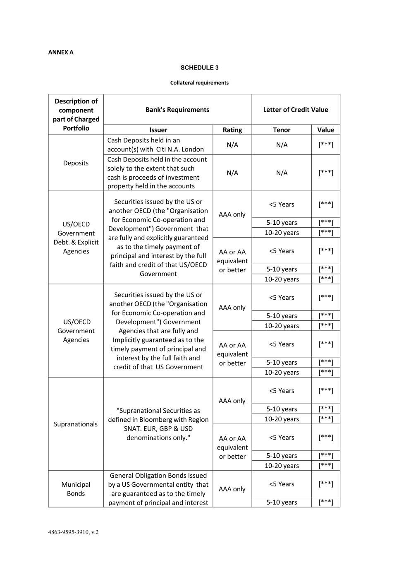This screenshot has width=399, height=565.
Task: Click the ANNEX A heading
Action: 61,52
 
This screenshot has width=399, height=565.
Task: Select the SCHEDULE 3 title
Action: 199,67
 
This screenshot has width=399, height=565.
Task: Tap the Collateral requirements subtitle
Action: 199,83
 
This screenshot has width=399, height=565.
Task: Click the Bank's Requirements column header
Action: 177,110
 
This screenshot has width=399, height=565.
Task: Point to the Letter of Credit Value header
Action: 296,110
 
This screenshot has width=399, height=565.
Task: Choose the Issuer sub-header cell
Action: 158,130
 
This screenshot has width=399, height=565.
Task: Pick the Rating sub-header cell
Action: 232,130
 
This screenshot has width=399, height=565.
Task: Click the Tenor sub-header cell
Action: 282,130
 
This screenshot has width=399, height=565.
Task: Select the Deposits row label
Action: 76,163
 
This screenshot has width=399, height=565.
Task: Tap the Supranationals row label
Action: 76,424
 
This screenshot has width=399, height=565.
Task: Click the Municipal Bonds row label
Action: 76,489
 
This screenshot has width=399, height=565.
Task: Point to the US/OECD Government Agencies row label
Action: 76,331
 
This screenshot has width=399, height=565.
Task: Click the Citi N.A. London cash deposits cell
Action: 155,145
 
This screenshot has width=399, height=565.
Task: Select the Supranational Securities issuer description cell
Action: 158,424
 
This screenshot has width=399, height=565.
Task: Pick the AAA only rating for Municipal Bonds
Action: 232,489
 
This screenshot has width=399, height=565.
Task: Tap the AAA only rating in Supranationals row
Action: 232,401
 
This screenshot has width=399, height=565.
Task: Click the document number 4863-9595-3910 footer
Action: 73,532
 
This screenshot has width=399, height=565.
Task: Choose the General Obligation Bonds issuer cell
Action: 158,489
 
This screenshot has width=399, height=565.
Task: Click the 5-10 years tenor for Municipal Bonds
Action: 282,502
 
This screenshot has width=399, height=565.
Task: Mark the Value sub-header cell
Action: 326,130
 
